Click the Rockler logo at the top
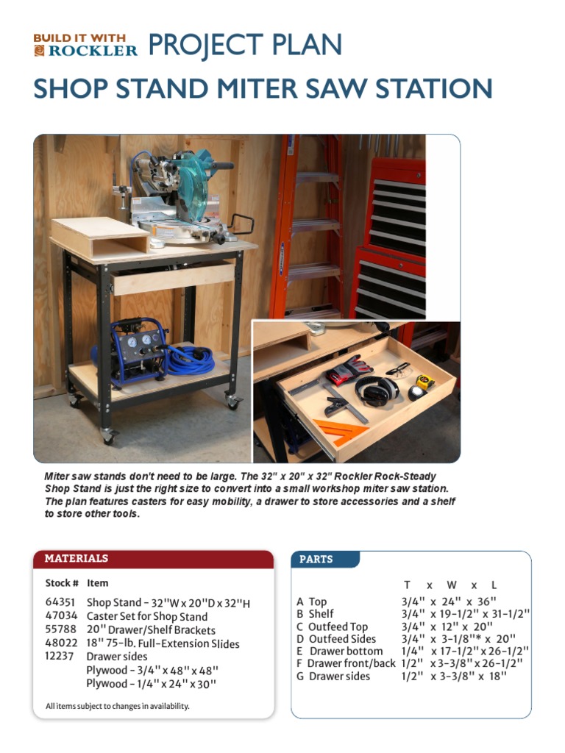(x=85, y=45)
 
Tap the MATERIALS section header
(x=77, y=558)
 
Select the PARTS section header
(x=316, y=559)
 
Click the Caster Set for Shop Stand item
(x=147, y=616)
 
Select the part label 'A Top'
(x=312, y=602)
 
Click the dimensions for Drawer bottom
(x=459, y=651)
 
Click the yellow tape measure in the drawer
(x=424, y=382)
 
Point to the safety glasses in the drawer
(x=397, y=369)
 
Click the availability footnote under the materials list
(x=118, y=706)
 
